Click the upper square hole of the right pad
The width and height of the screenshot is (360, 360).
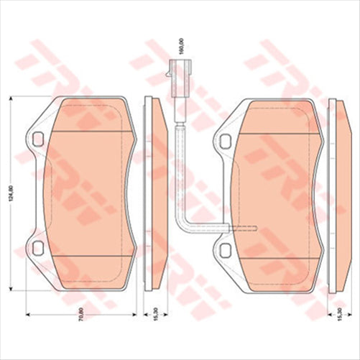tap(225, 139)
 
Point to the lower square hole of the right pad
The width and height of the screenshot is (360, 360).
tap(225, 249)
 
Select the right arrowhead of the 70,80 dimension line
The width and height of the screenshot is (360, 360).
tap(135, 314)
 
